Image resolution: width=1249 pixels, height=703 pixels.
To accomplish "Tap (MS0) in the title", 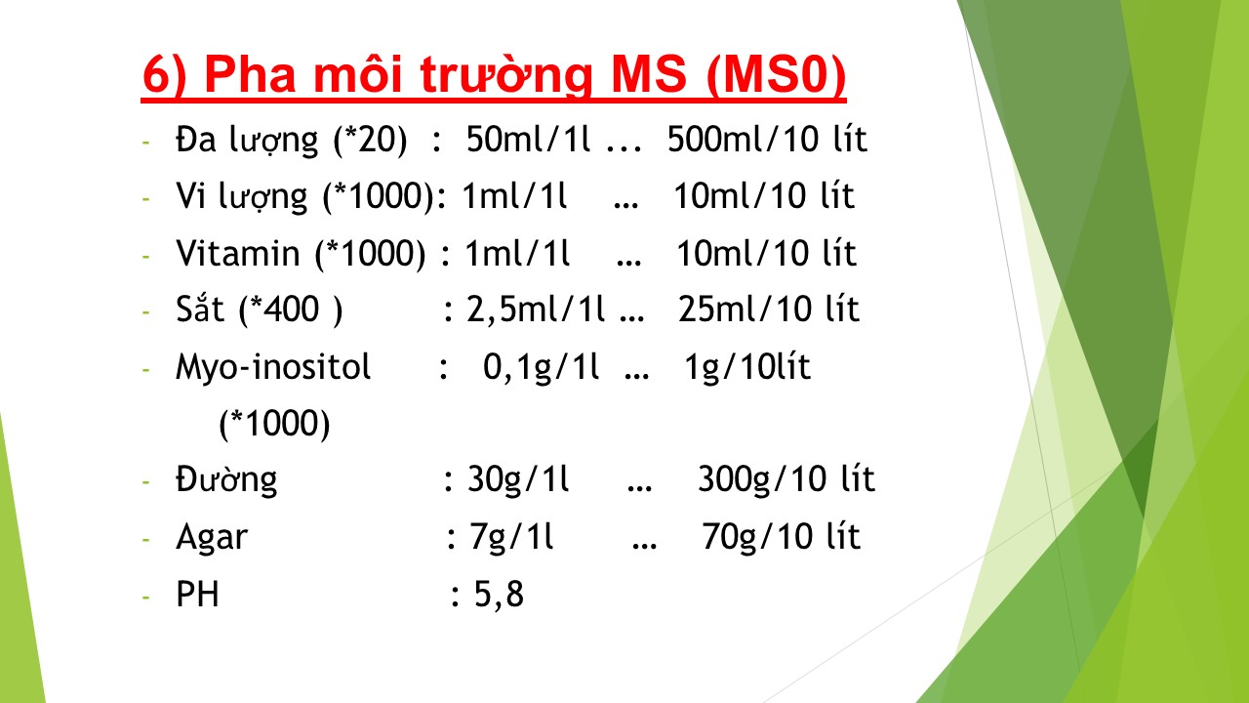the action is pos(776,75).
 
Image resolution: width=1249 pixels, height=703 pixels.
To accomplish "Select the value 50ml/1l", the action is pos(528,139).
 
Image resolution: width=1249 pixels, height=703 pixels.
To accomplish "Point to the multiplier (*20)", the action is pos(370,140).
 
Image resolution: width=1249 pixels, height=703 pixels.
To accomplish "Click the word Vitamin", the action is pos(238,253).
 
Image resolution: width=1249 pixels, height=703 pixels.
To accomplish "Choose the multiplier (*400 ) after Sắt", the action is pos(291,310).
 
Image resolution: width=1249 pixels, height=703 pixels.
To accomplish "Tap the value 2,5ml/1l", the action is pos(536,310).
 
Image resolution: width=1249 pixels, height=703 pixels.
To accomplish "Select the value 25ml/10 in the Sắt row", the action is pos(741,310).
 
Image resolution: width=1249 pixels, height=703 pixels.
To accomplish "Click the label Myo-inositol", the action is pos(273,368).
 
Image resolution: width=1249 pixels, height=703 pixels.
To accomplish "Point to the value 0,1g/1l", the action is pos(541,368).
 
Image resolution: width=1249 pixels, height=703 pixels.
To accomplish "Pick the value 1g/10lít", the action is pos(747,368).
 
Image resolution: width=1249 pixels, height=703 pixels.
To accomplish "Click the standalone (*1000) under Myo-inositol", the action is pos(274,425).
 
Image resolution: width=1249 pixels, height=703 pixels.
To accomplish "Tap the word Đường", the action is pos(226,479).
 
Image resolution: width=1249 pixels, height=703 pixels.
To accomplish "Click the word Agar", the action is pos(212,538).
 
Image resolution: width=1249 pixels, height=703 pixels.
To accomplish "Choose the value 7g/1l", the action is pos(511,537).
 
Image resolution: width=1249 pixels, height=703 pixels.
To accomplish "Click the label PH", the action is pos(197,594).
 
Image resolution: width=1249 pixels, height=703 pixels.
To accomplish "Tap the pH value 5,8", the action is pos(499,595).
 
